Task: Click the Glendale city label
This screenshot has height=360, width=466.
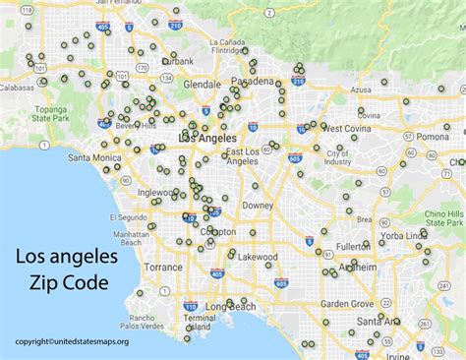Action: click(x=202, y=85)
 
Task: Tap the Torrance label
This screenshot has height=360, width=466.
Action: click(x=163, y=267)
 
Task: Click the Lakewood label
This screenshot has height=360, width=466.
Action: click(x=259, y=256)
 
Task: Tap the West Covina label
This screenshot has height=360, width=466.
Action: click(x=345, y=128)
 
